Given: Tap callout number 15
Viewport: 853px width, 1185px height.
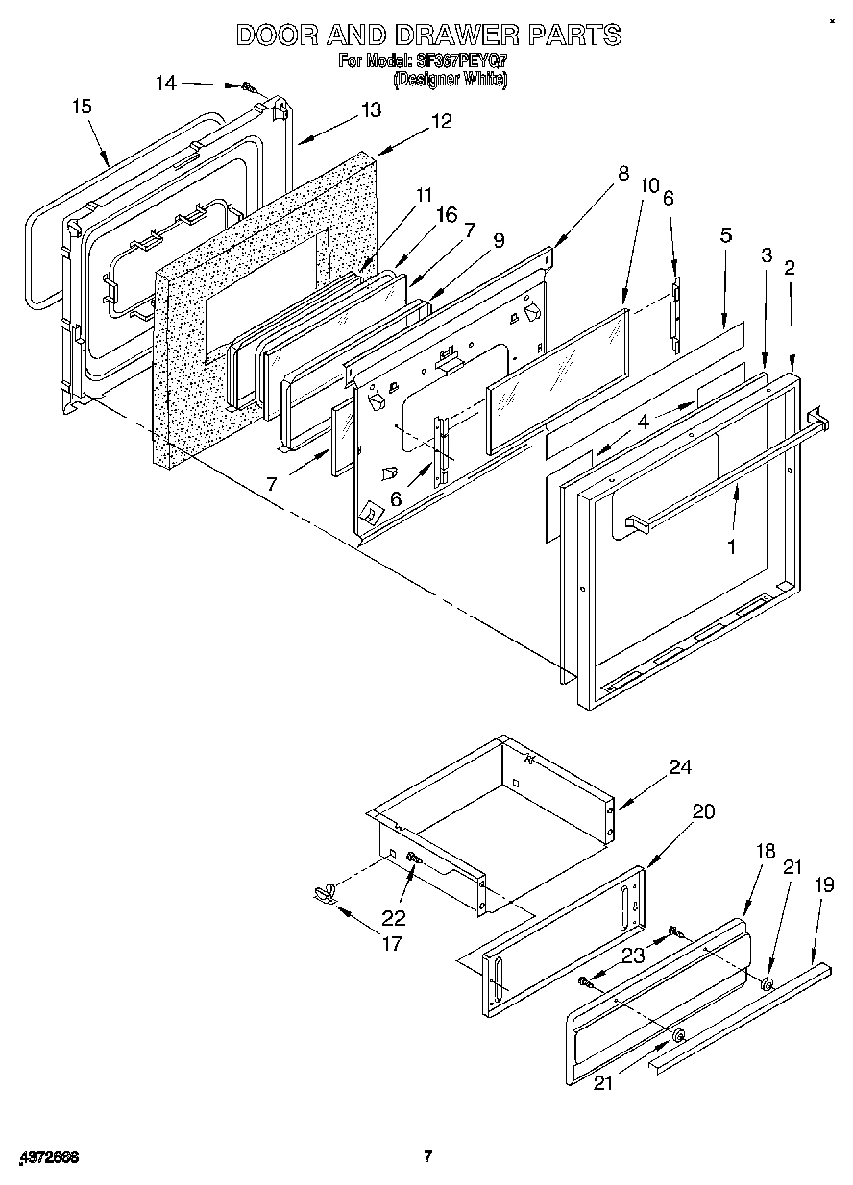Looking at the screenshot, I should tap(83, 107).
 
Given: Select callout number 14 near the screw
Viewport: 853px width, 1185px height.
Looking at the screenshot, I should tap(166, 83).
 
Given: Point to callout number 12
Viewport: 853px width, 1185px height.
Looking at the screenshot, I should tap(441, 121).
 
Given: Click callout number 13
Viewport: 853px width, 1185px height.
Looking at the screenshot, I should tap(371, 109).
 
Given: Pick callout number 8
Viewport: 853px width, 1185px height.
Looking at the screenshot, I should tap(623, 174).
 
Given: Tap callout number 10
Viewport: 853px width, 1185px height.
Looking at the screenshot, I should tap(648, 185).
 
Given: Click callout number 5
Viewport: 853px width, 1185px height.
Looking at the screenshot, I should tap(727, 233).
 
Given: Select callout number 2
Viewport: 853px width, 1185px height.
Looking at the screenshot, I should tap(790, 268).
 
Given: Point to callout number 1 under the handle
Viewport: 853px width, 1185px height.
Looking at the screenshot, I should tap(731, 546).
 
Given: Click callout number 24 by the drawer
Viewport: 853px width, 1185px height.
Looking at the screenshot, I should tap(680, 766).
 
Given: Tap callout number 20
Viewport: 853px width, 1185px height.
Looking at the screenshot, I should tap(703, 811).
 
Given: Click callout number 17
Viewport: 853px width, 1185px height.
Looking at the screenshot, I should tap(392, 943).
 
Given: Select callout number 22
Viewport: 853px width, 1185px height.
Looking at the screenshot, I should tap(394, 917).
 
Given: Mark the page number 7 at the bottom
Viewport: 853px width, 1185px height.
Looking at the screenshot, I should tap(428, 1156).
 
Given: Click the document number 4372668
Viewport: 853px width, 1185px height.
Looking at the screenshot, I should tap(47, 1157).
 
